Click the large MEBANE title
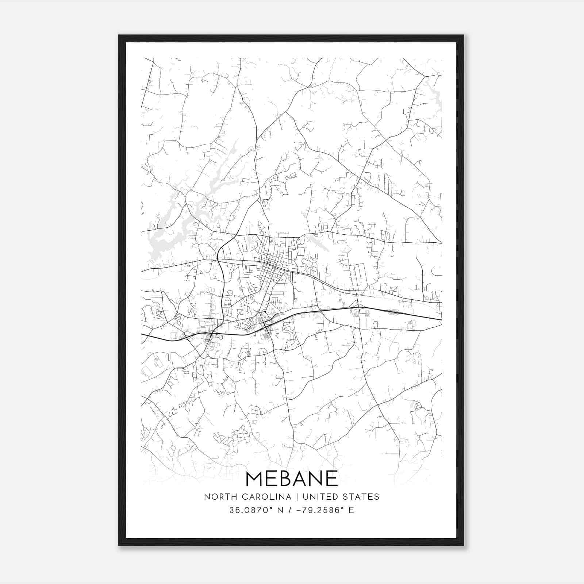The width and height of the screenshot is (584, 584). click(292, 479)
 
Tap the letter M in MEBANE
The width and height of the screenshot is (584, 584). click(255, 479)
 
